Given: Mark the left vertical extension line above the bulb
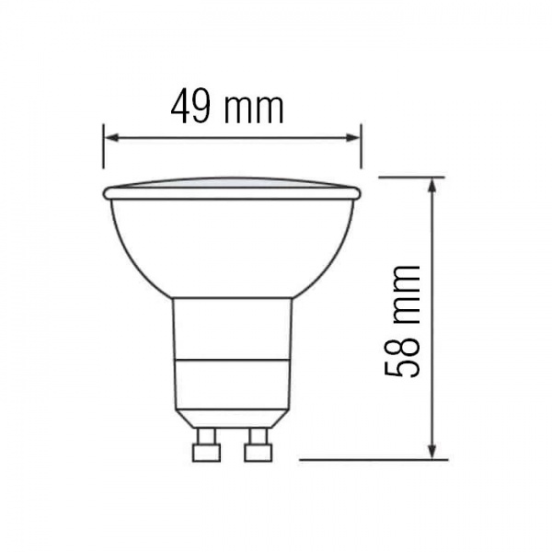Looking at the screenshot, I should coord(103,147).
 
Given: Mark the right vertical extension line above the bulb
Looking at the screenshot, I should coord(361,147).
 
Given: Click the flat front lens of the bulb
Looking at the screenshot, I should coord(232,184).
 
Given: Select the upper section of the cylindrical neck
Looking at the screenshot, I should coord(232,328).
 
